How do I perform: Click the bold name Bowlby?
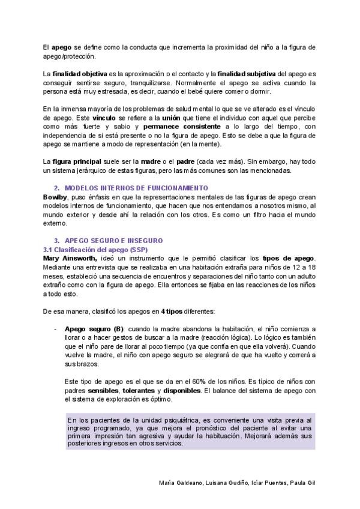(55, 197)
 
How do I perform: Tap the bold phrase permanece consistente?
(182, 127)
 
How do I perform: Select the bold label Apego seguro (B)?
(93, 330)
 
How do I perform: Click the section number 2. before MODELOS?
(57, 188)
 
